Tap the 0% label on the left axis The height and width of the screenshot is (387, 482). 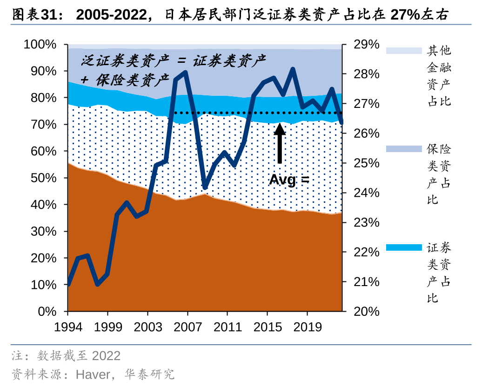tap(47, 311)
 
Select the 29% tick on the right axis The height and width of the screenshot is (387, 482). tap(366, 45)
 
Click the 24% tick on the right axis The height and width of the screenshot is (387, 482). tap(366, 193)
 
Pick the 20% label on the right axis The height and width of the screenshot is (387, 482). tap(366, 311)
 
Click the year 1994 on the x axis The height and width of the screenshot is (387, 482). tap(68, 327)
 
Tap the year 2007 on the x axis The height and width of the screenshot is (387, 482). tap(187, 327)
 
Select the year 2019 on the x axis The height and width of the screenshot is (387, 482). tap(307, 327)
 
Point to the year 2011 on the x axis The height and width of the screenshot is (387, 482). tap(228, 327)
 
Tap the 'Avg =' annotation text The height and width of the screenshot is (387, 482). tap(289, 180)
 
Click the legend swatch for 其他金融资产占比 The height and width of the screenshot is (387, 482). tap(404, 51)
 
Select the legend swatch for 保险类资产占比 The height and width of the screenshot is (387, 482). tap(404, 149)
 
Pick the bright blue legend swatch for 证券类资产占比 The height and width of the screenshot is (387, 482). tap(404, 247)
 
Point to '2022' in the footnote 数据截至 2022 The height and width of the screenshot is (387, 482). tap(107, 356)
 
